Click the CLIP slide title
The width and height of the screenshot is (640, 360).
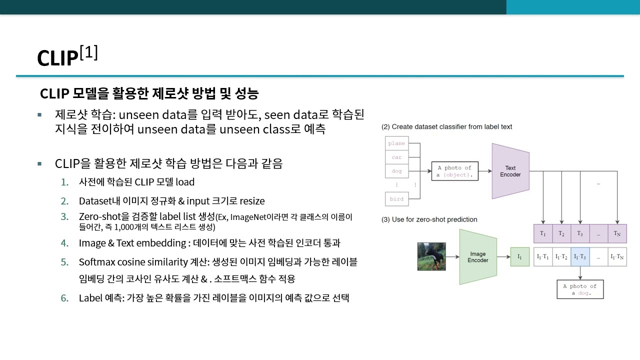[x=67, y=56]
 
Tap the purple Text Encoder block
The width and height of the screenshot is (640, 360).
[x=510, y=171]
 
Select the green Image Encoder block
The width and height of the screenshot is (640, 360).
[x=477, y=257]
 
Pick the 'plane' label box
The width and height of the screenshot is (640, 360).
[x=397, y=143]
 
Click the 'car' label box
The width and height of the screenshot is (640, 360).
[x=397, y=157]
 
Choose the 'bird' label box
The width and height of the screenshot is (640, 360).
[x=397, y=199]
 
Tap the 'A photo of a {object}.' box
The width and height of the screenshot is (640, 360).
[x=454, y=171]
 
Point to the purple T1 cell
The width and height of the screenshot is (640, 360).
[x=543, y=233]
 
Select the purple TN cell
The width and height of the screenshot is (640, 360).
[x=617, y=233]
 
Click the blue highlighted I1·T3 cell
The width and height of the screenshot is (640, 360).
[x=580, y=256]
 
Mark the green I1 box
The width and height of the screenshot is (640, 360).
[x=519, y=256]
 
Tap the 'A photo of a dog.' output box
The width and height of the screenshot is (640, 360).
[x=580, y=289]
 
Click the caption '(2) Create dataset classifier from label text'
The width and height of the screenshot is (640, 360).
[x=446, y=127]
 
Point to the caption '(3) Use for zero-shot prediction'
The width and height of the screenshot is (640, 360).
[x=429, y=219]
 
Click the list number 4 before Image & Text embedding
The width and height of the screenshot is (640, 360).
[x=64, y=243]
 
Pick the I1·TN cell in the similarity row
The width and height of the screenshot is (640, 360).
[x=617, y=256]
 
